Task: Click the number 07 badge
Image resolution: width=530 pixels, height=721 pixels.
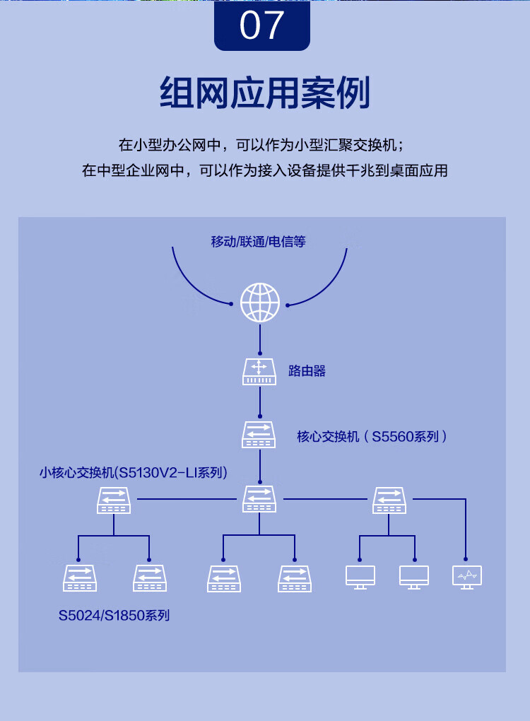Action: (261, 25)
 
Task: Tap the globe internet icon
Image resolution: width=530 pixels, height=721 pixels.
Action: (260, 303)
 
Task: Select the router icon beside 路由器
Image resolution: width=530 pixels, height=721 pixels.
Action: (259, 371)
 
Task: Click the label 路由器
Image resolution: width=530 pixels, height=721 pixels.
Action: (307, 371)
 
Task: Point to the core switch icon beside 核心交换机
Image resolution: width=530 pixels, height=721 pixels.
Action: (259, 434)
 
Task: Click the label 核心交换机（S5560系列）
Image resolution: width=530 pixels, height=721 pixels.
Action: (372, 437)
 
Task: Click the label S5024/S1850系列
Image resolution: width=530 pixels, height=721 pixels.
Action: (114, 616)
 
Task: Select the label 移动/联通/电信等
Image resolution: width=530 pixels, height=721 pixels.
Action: (258, 242)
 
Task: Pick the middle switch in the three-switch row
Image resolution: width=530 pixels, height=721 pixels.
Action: (259, 499)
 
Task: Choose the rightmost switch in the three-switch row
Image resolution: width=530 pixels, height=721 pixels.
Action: (389, 500)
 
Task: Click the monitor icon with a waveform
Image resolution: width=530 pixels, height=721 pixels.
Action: (466, 577)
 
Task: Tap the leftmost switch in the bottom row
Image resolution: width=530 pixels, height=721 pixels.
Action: (79, 578)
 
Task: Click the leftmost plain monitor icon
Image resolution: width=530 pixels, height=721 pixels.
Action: (360, 577)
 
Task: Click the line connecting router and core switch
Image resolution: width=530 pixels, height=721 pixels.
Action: (260, 401)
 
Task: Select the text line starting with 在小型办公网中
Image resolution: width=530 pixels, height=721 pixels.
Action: (261, 145)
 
